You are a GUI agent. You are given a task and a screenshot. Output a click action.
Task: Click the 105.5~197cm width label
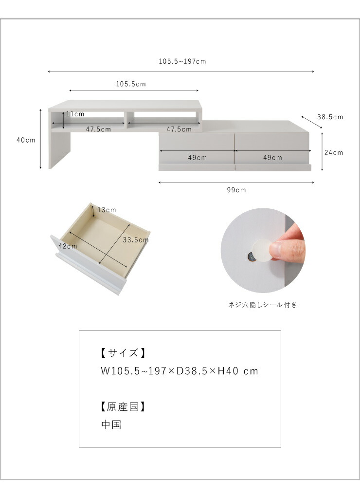tap(182, 61)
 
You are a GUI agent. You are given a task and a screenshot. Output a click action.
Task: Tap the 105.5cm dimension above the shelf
tap(131, 84)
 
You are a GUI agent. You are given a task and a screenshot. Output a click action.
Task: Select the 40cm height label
tap(26, 140)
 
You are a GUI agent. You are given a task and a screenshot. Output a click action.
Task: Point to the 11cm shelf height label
tap(75, 114)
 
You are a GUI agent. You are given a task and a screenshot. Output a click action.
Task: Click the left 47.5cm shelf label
tap(98, 129)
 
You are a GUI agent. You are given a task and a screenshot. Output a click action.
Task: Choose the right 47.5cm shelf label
tap(179, 129)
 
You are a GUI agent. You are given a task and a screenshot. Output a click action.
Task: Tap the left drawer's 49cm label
tap(198, 158)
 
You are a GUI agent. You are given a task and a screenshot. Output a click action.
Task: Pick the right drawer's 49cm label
tap(272, 158)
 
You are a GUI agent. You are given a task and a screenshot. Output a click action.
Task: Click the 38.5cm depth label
tap(330, 117)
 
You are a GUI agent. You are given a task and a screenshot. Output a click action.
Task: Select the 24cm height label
tap(334, 152)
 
